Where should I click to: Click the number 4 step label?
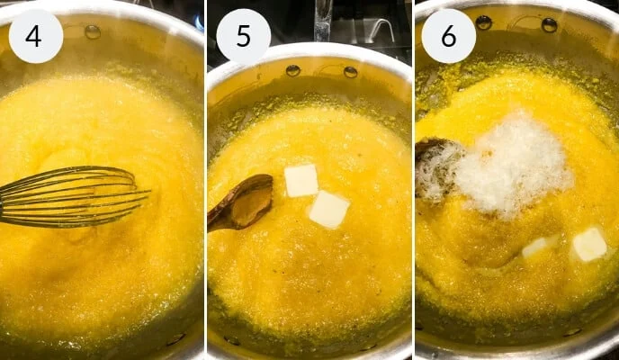pyautogui.click(x=35, y=36)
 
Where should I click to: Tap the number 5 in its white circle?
pyautogui.click(x=243, y=36)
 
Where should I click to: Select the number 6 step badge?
pyautogui.click(x=448, y=36)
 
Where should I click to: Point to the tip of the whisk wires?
pyautogui.click(x=144, y=193)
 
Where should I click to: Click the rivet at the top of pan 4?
pyautogui.click(x=93, y=31)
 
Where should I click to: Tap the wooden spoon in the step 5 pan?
pyautogui.click(x=241, y=202)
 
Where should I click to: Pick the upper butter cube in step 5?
pyautogui.click(x=301, y=180)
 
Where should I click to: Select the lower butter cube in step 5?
pyautogui.click(x=328, y=209)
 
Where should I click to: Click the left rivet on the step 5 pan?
pyautogui.click(x=293, y=70)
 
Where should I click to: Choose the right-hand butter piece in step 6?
pyautogui.click(x=589, y=244)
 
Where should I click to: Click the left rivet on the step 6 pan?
pyautogui.click(x=484, y=22)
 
